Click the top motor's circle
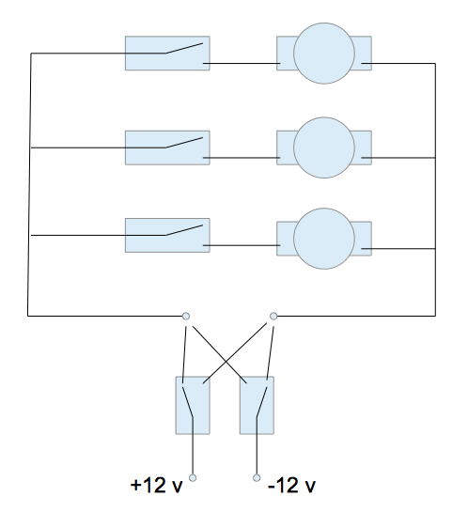324,54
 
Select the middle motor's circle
324,148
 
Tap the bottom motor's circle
324,239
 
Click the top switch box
167,54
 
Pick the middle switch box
167,148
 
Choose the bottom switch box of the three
167,235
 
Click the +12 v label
156,486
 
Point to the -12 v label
291,486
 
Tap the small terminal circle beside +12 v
193,477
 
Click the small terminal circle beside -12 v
257,477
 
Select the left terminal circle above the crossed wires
186,316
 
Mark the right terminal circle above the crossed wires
273,316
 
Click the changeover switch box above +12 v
193,405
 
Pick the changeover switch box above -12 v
257,405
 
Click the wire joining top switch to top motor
242,63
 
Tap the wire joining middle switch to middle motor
242,158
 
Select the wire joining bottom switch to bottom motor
242,245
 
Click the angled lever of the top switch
184,48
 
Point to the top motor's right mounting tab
363,54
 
